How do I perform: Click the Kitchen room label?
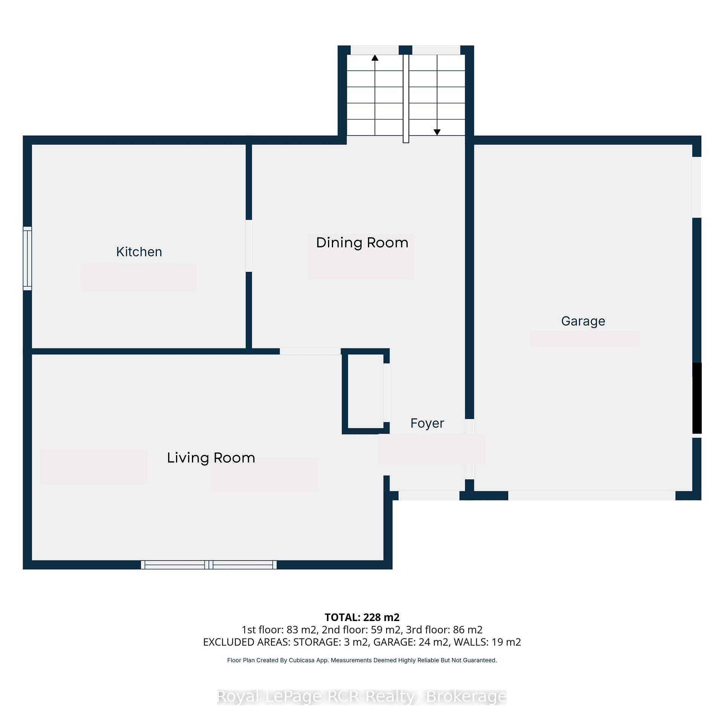139,252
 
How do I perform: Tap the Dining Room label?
362,242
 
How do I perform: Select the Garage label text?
583,321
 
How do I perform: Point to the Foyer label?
427,423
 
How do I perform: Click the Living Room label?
211,458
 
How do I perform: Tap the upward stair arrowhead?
375,58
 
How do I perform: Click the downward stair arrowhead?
437,132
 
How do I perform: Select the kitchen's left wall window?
27,258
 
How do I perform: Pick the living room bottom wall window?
209,564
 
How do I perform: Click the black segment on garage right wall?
697,398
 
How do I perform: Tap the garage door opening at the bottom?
592,495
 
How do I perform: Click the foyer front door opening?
429,495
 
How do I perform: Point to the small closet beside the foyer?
365,391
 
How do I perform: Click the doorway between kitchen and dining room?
249,246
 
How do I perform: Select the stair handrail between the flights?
406,99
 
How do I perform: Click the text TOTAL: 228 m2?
362,617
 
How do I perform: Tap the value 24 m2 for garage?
435,642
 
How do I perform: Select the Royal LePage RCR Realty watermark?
362,696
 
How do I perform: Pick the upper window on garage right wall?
697,187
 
